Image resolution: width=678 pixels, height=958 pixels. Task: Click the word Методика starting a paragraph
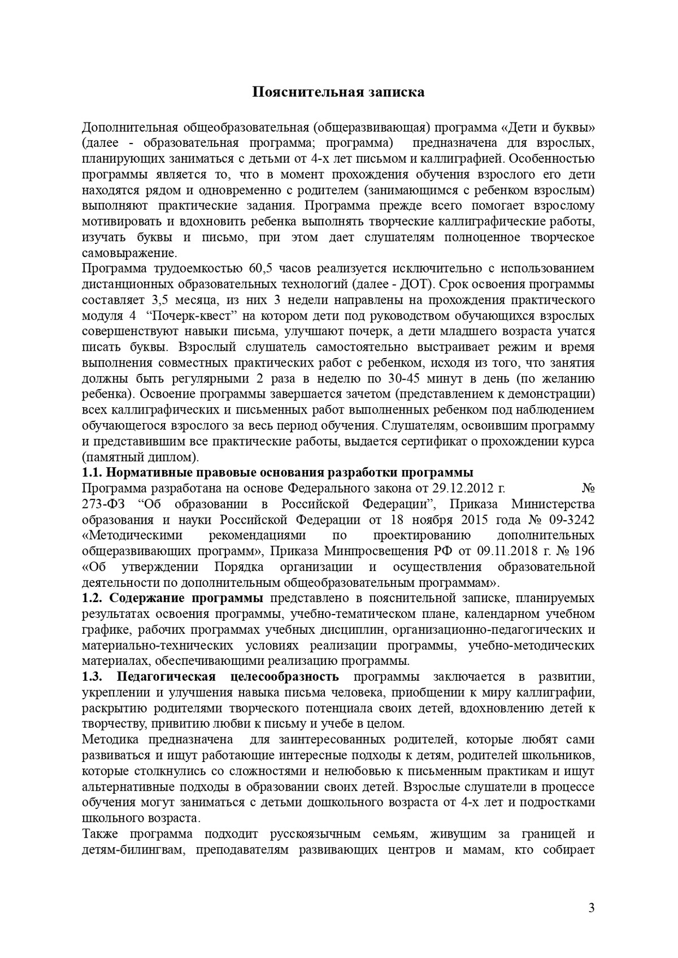pyautogui.click(x=110, y=739)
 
